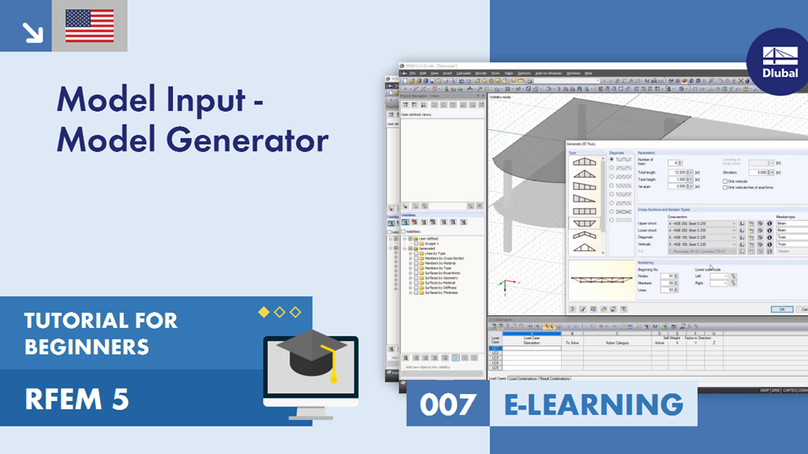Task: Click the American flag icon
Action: pos(89,26)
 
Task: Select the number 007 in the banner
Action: pos(448,404)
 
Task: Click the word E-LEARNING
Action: pos(593,404)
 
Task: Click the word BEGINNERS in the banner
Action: pos(86,346)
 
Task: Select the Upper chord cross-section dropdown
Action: pos(701,224)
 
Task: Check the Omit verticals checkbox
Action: pos(724,180)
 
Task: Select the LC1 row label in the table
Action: pos(496,348)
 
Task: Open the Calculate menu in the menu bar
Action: pos(463,73)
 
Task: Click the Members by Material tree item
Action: pos(443,263)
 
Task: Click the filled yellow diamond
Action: pos(264,312)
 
